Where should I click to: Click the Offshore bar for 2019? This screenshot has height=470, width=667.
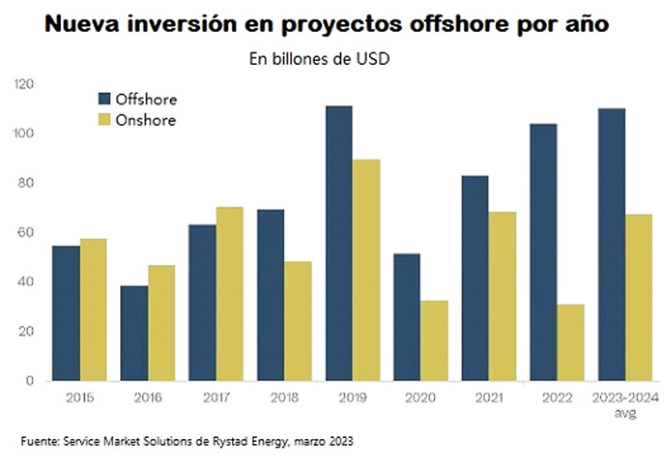[339, 243]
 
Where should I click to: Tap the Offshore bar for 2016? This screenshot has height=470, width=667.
[134, 333]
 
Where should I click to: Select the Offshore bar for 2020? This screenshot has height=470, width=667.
[407, 317]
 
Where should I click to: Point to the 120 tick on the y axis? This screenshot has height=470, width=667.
[23, 85]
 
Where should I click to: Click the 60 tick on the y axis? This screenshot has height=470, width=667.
[27, 232]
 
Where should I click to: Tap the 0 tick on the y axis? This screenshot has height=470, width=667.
[30, 381]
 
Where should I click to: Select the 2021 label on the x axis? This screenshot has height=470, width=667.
[488, 399]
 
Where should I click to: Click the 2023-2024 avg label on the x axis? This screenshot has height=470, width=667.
[626, 404]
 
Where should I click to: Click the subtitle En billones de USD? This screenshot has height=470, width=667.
[318, 60]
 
